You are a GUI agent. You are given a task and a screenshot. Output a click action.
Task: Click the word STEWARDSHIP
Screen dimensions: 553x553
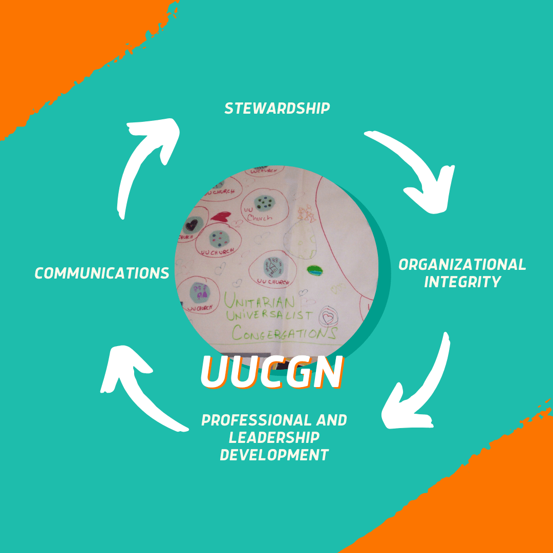tap(277, 109)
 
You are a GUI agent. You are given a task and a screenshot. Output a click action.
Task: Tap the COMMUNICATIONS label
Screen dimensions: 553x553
tap(102, 273)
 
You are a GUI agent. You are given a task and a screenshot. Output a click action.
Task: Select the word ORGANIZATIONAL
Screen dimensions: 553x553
tap(462, 265)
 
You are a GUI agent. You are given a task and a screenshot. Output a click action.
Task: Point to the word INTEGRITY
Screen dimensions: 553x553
tap(462, 282)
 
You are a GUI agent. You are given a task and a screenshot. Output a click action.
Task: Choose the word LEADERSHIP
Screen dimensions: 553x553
tap(274, 438)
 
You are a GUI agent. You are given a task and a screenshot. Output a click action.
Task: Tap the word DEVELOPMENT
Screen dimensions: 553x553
tap(274, 455)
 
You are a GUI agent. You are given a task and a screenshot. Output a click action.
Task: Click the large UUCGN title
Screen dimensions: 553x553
tap(271, 371)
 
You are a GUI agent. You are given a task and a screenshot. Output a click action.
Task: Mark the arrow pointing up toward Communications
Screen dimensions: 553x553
tap(138, 384)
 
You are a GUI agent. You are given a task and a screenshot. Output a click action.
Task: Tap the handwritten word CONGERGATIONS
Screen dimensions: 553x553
tap(284, 333)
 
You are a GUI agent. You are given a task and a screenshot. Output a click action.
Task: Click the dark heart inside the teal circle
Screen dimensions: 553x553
tap(192, 224)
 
